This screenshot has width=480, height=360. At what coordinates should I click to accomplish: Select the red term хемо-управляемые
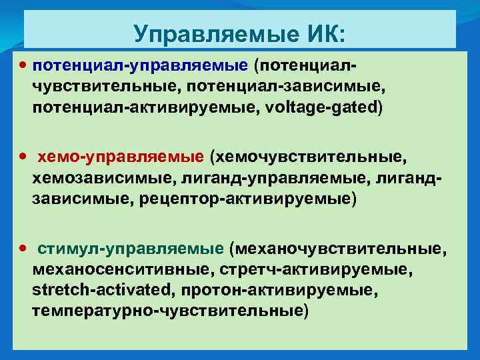[x=121, y=157]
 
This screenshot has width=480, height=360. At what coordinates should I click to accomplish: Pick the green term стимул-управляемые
[x=131, y=249]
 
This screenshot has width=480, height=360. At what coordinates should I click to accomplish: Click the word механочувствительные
[x=337, y=249]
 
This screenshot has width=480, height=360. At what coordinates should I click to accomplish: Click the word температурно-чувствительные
[x=169, y=311]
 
